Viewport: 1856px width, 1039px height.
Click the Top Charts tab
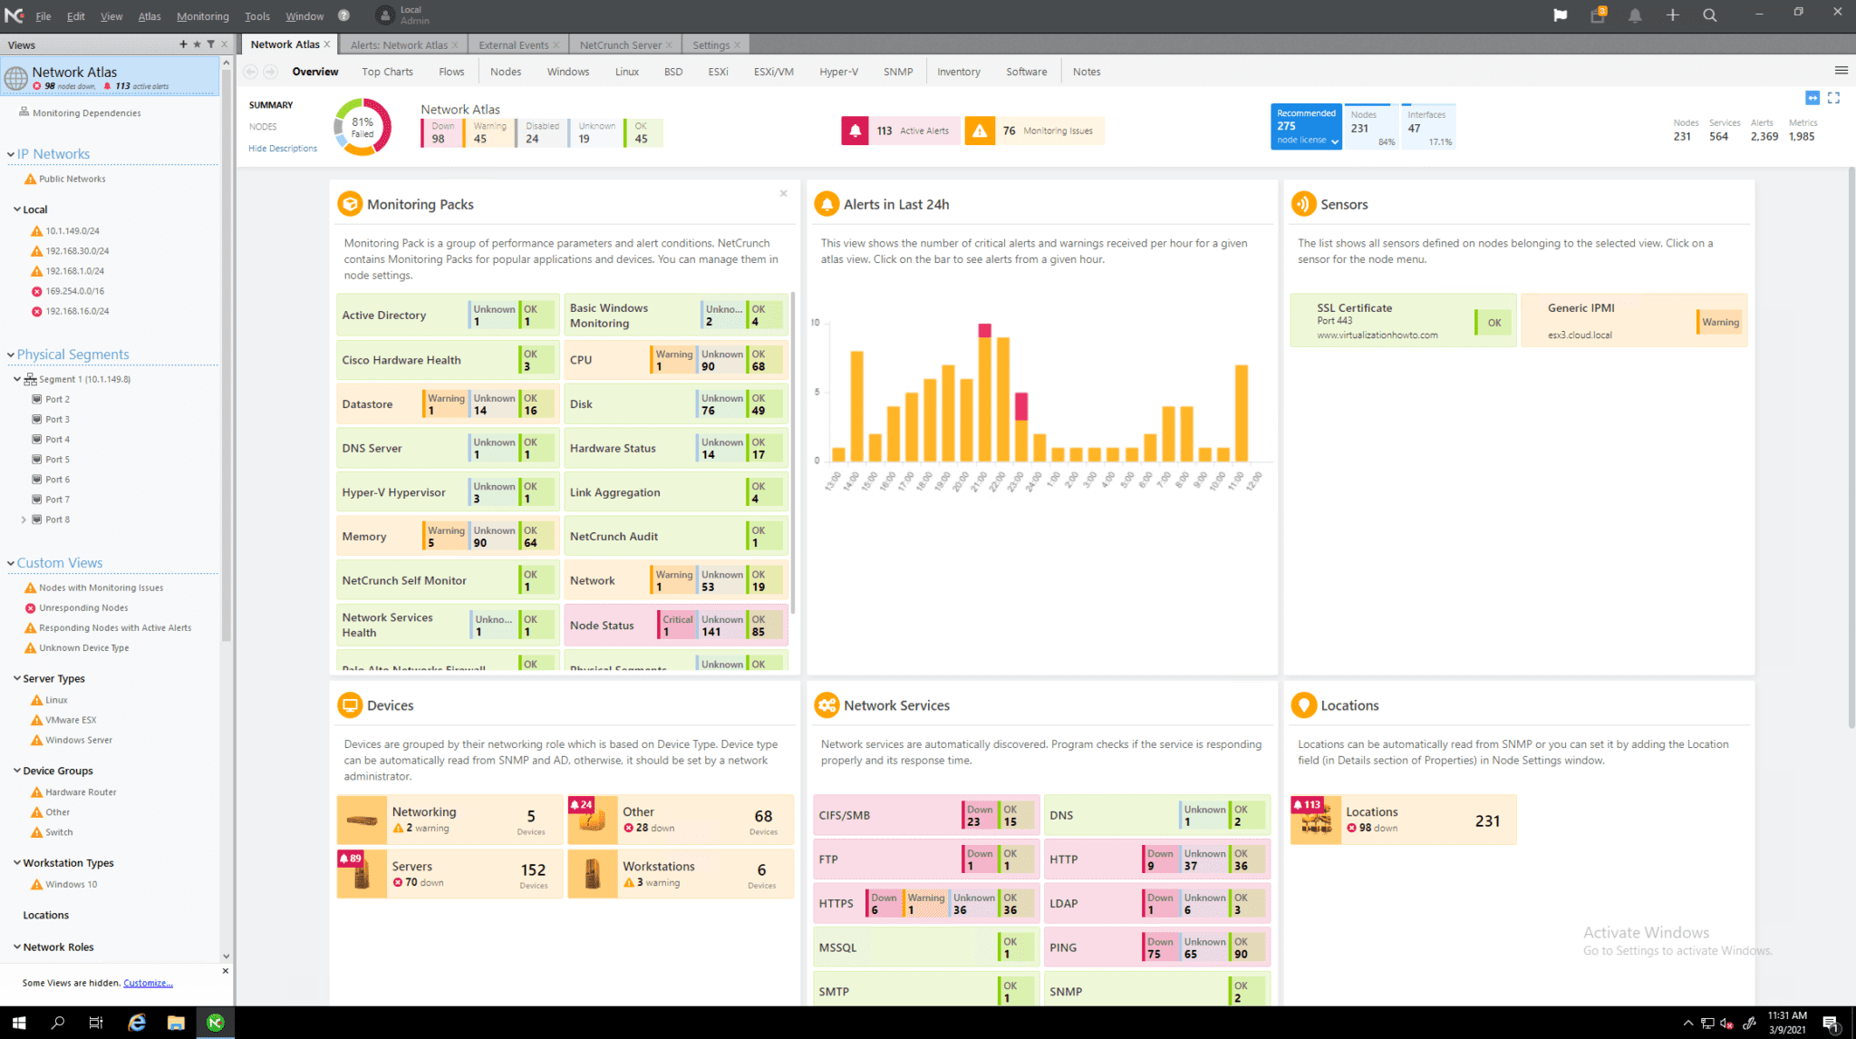coord(387,72)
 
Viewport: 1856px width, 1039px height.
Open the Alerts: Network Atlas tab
coord(399,44)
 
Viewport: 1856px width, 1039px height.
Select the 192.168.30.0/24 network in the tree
coord(77,251)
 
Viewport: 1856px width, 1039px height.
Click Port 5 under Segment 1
coord(57,460)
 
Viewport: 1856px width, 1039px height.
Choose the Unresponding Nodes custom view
coord(83,608)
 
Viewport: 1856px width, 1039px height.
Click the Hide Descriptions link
coord(283,149)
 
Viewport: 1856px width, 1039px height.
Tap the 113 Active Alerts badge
coord(899,131)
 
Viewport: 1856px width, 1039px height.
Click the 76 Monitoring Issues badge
coord(1034,131)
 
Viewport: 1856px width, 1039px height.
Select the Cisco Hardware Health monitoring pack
coord(401,360)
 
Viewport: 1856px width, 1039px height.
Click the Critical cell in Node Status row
coord(676,626)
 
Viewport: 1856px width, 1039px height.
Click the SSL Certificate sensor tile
coord(1377,321)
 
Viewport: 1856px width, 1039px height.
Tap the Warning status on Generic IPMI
coord(1719,322)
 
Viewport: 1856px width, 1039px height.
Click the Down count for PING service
coord(1159,947)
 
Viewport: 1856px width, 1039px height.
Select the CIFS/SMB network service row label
coord(845,815)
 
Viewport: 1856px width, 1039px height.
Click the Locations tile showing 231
coord(1402,820)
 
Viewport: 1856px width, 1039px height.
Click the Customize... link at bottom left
coord(148,983)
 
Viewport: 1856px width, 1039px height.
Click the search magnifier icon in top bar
coord(1709,15)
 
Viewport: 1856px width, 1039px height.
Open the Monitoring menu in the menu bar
coord(202,16)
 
